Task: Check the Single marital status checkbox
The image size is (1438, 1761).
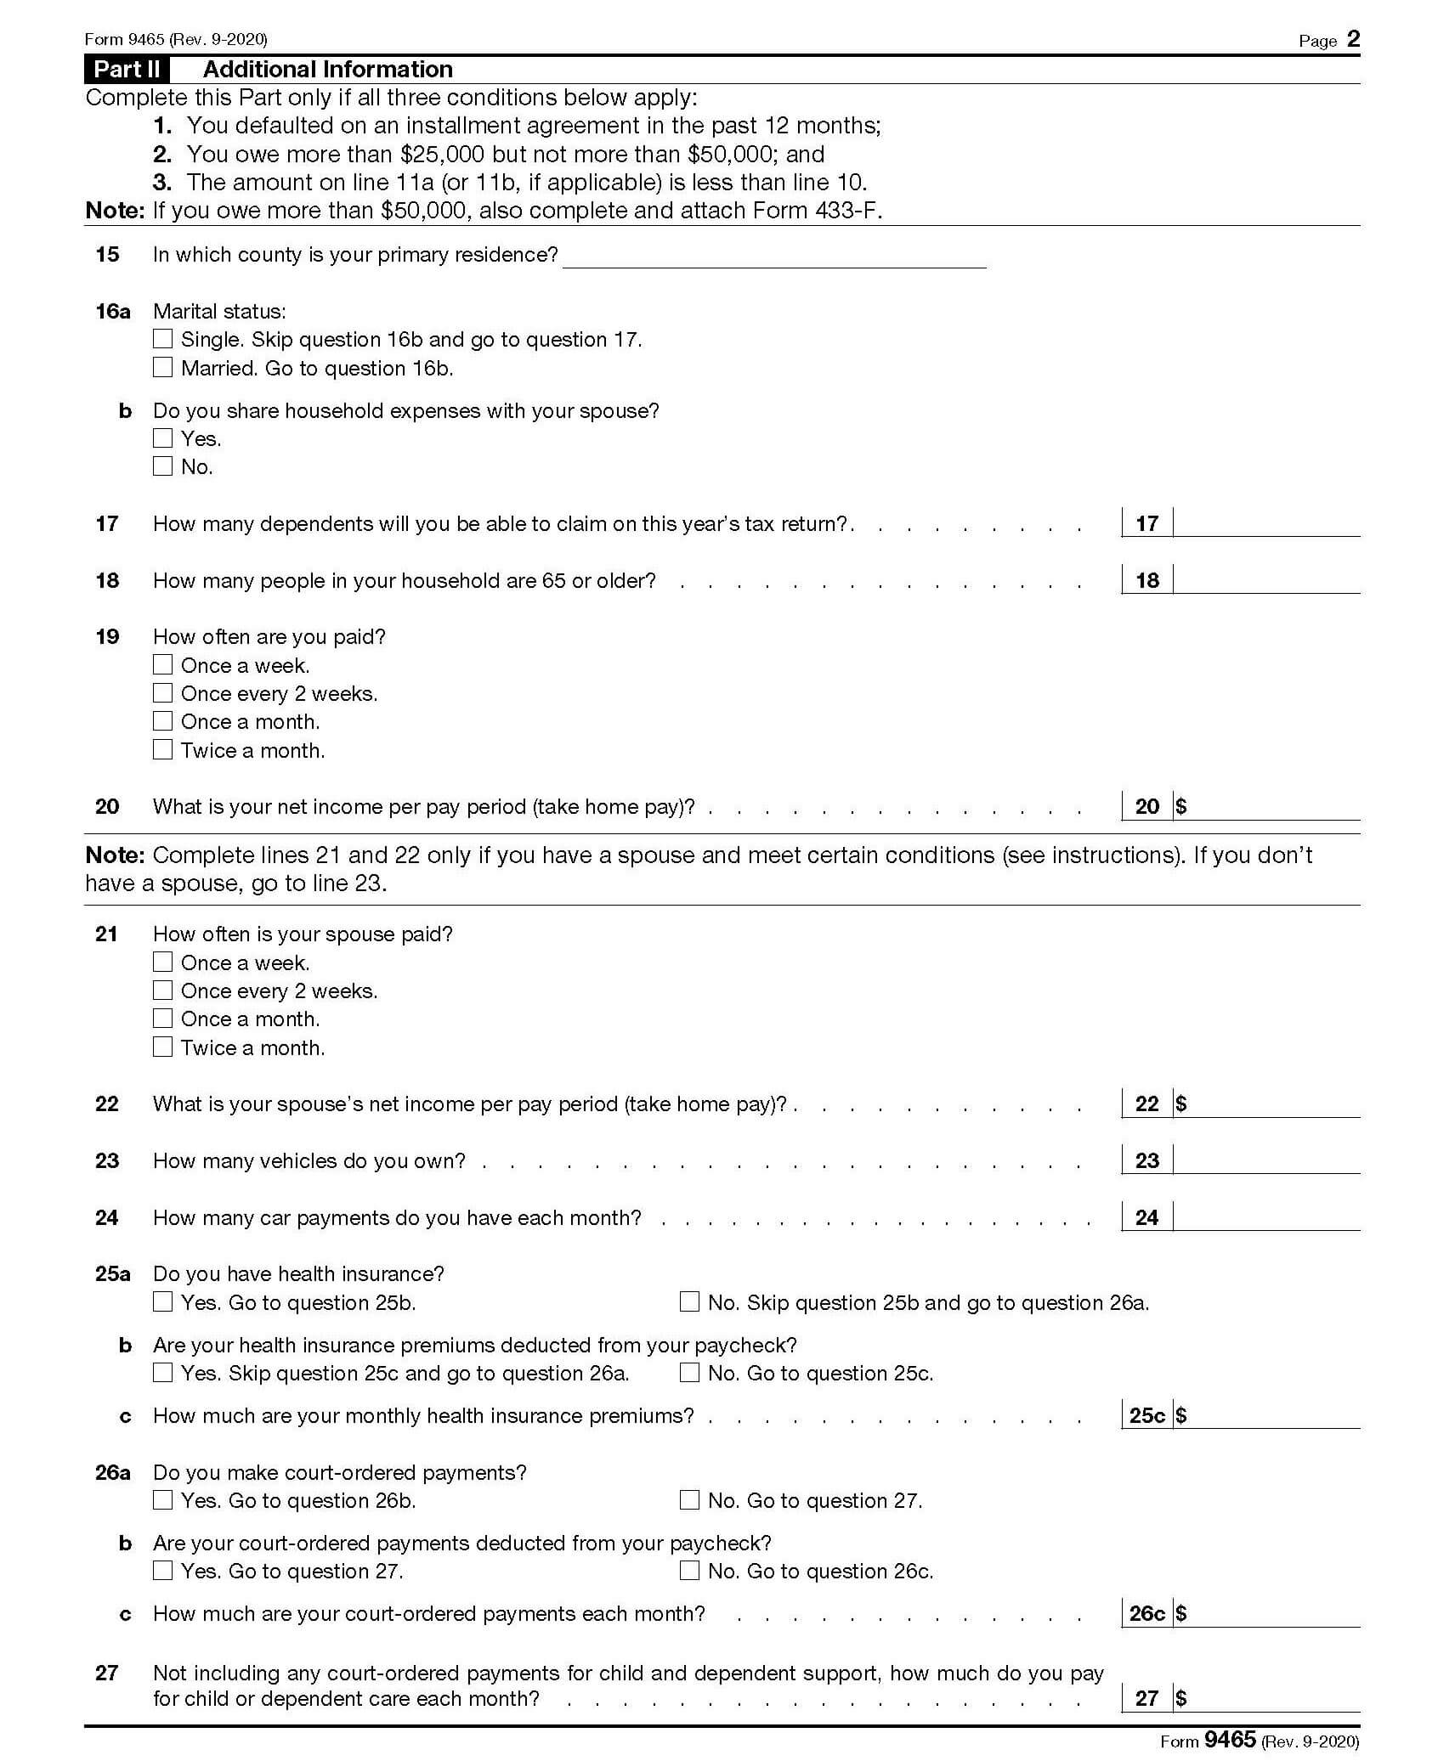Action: coord(162,339)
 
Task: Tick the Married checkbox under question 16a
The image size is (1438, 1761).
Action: coord(162,367)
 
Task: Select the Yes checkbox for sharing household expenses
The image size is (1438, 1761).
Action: coord(162,437)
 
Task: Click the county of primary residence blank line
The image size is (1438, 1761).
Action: coord(773,257)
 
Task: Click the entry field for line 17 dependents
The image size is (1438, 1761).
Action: coord(1265,523)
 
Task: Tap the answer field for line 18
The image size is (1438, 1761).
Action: coord(1265,580)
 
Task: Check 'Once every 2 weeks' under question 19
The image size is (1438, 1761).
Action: coord(162,693)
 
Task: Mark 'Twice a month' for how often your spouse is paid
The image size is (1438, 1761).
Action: coord(162,1047)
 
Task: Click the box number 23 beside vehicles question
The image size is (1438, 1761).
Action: coord(1146,1160)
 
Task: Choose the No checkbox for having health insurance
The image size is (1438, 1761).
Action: coord(689,1301)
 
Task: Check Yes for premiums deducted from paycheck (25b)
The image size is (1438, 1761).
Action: coord(162,1372)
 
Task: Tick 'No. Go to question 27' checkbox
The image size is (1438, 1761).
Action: coord(689,1500)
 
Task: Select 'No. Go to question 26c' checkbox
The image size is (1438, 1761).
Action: coord(689,1571)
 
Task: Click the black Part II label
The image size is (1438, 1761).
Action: coord(127,69)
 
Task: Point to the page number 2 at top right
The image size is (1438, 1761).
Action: coord(1353,39)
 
